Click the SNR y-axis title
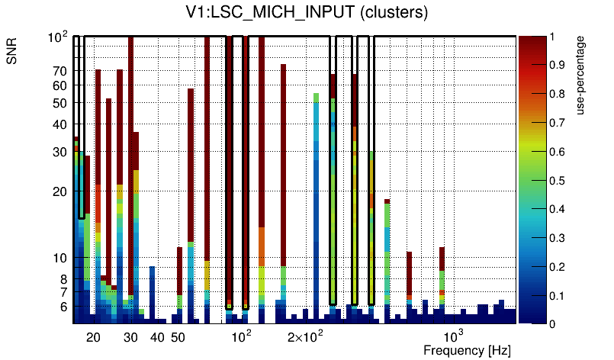click(13, 51)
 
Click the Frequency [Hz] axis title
click(467, 350)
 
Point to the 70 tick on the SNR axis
click(60, 71)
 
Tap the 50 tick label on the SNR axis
click(60, 103)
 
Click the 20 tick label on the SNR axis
click(60, 191)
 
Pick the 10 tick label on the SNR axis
click(60, 258)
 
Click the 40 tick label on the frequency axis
click(157, 336)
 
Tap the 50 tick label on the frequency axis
click(178, 336)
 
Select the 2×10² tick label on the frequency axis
click(305, 336)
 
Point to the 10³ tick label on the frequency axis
click(454, 336)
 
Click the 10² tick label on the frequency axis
click(241, 336)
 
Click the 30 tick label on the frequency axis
click(130, 336)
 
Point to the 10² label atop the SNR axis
click(59, 37)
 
